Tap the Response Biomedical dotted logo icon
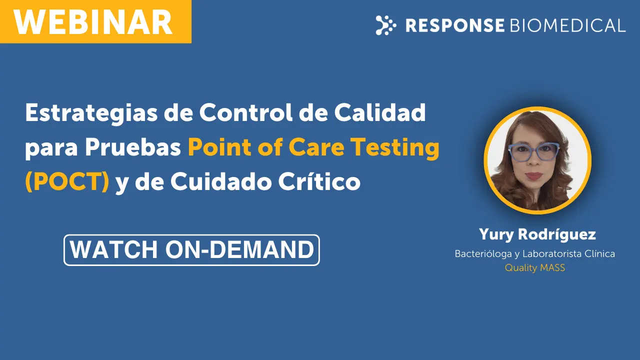coord(385,25)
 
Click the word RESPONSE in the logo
coord(455,25)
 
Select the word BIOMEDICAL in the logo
coord(567,25)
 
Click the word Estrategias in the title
coord(91,113)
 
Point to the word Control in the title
coord(245,112)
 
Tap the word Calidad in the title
coord(380,112)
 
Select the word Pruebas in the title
coord(133,147)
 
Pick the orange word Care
coord(316,147)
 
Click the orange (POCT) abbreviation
coord(67,181)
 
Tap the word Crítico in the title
coord(319,181)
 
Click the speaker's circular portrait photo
coord(537,160)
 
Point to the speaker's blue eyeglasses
coord(533,151)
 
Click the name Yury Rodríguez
coord(537,235)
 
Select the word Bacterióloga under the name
coord(483,254)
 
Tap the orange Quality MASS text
coord(535,268)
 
